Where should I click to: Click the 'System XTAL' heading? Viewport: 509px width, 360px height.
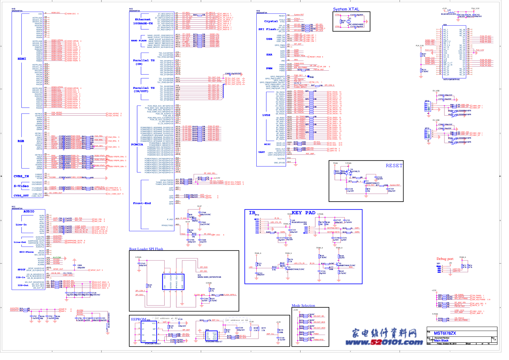click(346, 9)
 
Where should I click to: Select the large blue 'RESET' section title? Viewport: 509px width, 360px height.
click(394, 166)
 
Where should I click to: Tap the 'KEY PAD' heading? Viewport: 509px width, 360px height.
click(303, 213)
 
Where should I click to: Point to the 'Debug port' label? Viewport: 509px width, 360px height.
click(445, 259)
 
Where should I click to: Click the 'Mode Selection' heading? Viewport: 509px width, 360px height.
click(303, 306)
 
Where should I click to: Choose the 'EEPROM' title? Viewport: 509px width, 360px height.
click(138, 319)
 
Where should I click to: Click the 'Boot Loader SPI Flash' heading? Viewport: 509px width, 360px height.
click(146, 249)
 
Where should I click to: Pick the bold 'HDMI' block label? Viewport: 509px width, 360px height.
click(22, 59)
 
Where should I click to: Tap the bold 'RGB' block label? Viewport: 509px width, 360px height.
click(21, 141)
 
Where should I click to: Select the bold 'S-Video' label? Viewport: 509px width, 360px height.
click(21, 186)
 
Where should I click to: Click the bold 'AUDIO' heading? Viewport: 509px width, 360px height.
click(29, 211)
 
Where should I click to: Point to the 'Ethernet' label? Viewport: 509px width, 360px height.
click(142, 20)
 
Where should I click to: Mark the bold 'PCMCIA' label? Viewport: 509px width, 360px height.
click(137, 144)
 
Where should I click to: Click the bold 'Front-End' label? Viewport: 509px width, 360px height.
click(142, 203)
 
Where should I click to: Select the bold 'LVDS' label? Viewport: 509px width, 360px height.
click(266, 115)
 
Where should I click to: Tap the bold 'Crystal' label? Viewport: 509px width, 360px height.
click(271, 21)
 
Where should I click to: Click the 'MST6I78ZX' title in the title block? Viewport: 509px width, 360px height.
click(445, 333)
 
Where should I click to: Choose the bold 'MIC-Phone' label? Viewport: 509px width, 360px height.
click(26, 252)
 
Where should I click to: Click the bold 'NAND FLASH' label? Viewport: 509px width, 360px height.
click(138, 41)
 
